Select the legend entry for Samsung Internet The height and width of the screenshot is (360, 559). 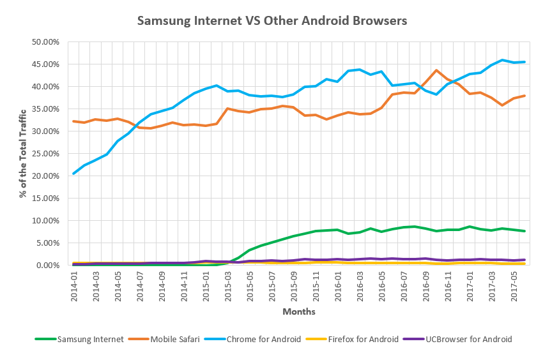90,339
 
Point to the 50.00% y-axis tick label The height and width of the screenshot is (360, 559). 46,42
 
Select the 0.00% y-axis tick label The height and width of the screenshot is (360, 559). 48,266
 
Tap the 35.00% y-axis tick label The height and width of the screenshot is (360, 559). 46,109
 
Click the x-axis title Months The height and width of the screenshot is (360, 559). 299,312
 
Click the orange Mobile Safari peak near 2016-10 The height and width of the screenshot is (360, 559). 436,70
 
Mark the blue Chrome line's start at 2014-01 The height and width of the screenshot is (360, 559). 74,174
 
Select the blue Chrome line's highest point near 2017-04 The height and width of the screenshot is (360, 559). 502,60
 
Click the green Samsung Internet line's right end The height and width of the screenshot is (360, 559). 525,231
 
